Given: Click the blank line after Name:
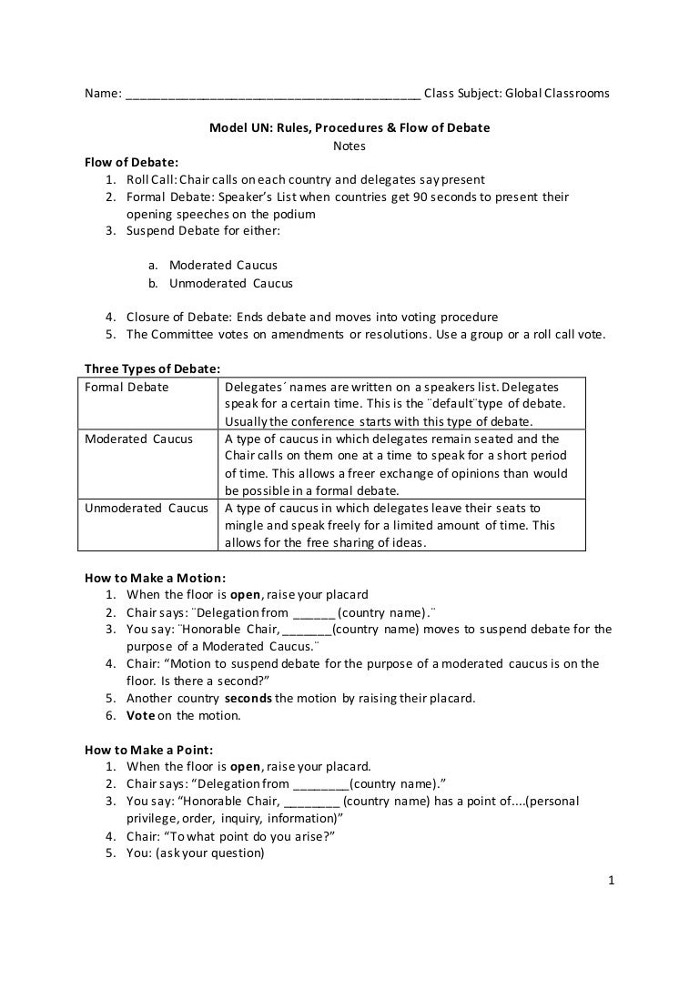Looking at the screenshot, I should coord(273,94).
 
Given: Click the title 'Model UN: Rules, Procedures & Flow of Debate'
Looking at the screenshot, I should coord(349,127).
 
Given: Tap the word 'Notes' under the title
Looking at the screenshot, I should coord(349,145).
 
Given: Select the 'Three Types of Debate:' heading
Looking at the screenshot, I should coord(146,368).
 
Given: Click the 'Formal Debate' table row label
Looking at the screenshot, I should coord(127,387).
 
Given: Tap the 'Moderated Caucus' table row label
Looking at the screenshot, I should coord(138,439).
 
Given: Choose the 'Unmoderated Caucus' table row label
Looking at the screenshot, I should coord(147,508).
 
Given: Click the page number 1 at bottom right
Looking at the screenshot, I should coord(613,880).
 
